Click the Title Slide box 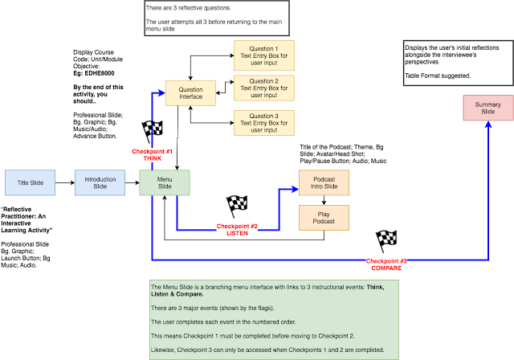pyautogui.click(x=31, y=182)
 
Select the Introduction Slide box pyautogui.click(x=100, y=182)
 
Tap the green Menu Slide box pyautogui.click(x=165, y=182)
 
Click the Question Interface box pyautogui.click(x=190, y=93)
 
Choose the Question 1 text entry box pyautogui.click(x=264, y=55)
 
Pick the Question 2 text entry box pyautogui.click(x=264, y=88)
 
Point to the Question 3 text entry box pyautogui.click(x=264, y=123)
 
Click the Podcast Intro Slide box pyautogui.click(x=324, y=182)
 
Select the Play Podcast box pyautogui.click(x=324, y=218)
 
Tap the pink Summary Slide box pyautogui.click(x=488, y=108)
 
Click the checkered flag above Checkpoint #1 pyautogui.click(x=152, y=131)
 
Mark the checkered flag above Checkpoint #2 pyautogui.click(x=237, y=207)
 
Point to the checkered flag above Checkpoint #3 pyautogui.click(x=386, y=241)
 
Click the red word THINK pyautogui.click(x=153, y=158)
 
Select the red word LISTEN pyautogui.click(x=238, y=234)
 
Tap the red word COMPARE pyautogui.click(x=386, y=268)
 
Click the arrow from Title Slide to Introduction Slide pyautogui.click(x=65, y=182)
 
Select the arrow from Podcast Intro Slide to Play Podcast pyautogui.click(x=324, y=200)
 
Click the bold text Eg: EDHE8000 pyautogui.click(x=94, y=73)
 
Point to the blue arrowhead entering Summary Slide pyautogui.click(x=488, y=125)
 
